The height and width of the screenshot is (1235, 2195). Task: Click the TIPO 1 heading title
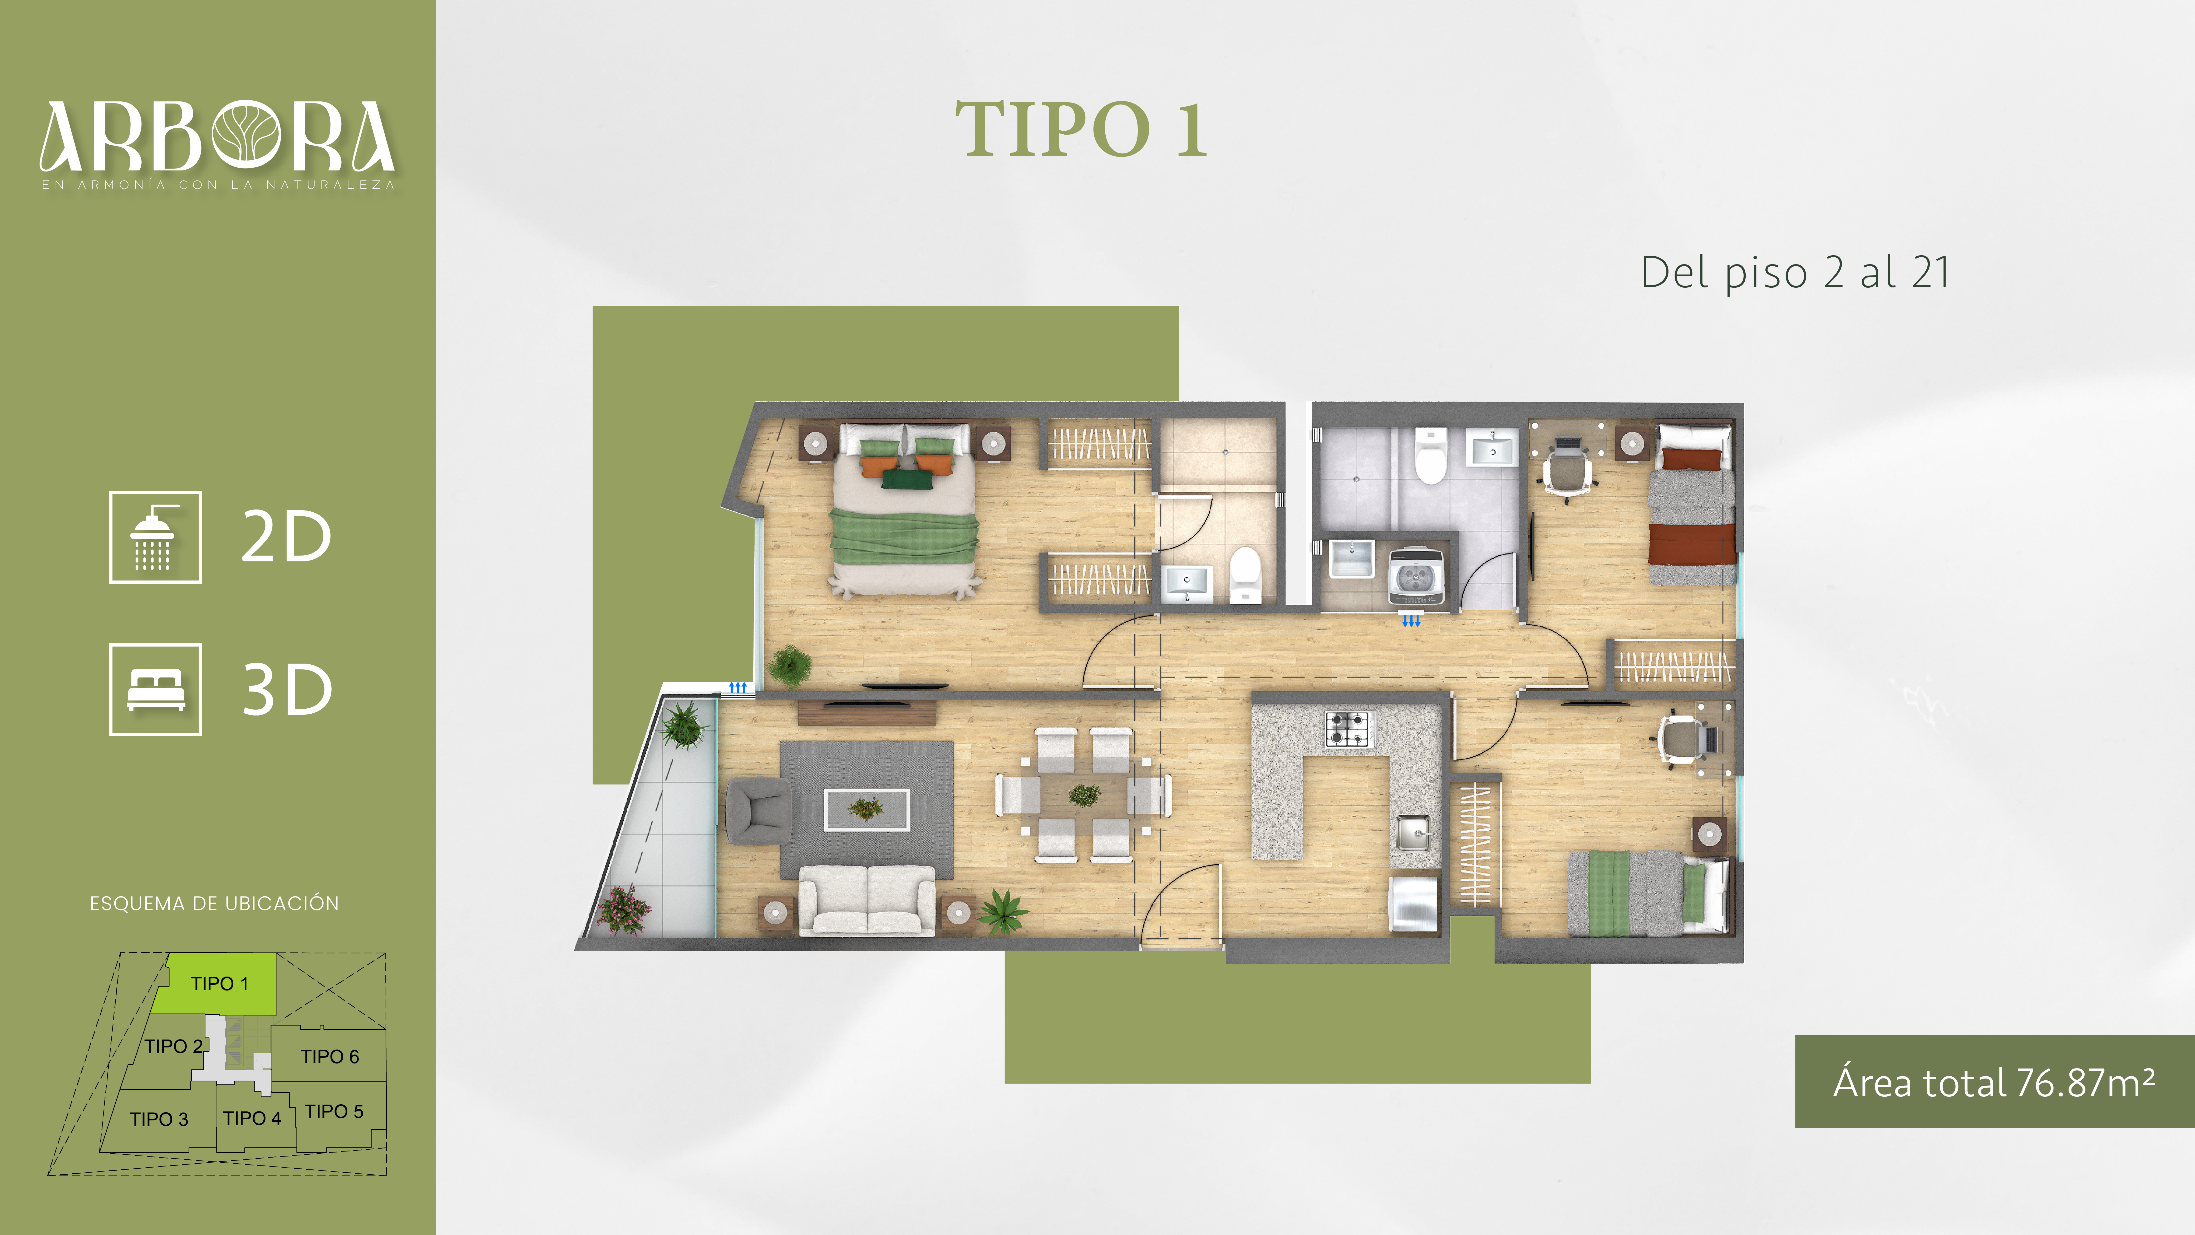coord(1080,130)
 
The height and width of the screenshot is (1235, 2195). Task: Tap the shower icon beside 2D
coord(155,537)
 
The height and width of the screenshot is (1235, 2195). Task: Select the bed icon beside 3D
coord(155,689)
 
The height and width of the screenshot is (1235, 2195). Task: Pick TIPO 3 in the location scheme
coord(159,1119)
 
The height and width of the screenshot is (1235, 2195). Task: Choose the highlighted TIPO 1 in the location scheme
coord(220,984)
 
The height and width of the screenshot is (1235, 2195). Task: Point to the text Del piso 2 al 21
coord(1794,273)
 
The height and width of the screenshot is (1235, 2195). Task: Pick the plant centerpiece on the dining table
coord(1084,795)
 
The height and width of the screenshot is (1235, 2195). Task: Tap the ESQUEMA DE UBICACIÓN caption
coord(215,903)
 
